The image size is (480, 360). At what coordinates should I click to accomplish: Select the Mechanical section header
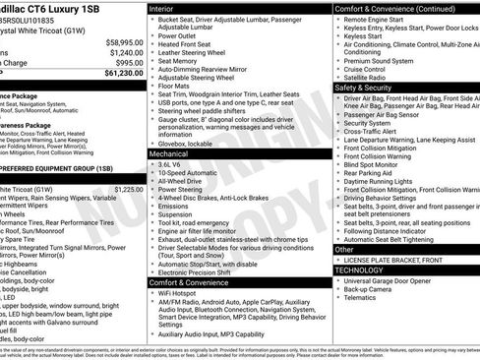169,154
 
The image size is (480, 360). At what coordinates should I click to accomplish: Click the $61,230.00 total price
121,72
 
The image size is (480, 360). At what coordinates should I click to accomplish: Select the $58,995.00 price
121,42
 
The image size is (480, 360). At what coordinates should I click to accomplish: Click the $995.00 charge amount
125,62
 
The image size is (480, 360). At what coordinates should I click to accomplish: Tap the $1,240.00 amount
123,52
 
